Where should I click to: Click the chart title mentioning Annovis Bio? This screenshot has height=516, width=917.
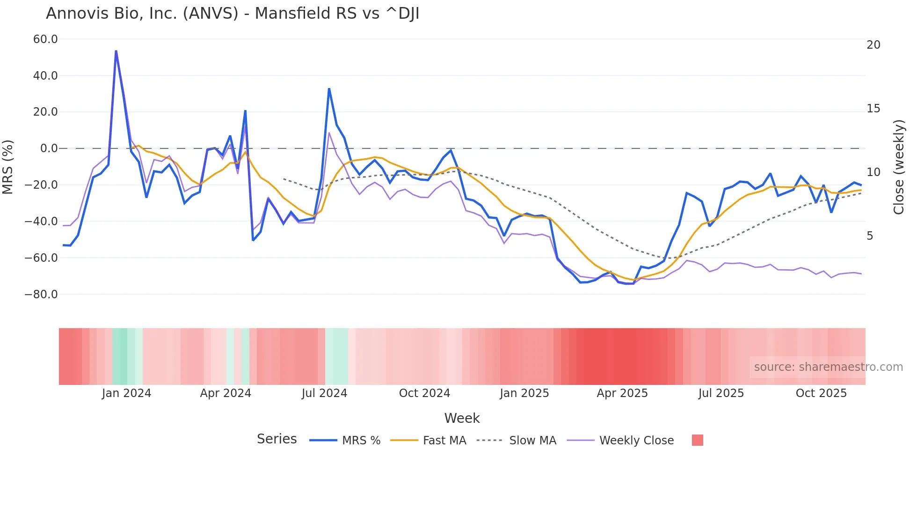pos(233,14)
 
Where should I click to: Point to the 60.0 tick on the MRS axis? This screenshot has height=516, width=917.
pos(45,39)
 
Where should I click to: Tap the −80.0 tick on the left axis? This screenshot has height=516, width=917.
pos(41,295)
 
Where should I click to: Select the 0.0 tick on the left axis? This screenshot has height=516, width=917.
pos(49,148)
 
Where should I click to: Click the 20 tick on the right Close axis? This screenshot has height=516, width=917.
pos(873,45)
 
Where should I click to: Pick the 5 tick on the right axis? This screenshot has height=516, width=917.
pos(870,236)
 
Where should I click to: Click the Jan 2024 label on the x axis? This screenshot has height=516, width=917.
pos(126,393)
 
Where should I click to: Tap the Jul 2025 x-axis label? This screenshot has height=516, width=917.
pos(721,393)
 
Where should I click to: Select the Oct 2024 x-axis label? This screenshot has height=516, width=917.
pos(424,393)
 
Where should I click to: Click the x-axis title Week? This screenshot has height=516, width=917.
pos(462,418)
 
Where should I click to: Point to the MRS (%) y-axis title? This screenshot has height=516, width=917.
pos(8,167)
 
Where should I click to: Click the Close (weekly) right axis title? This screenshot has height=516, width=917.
pos(898,167)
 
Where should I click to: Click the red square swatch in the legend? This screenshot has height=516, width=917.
pos(697,440)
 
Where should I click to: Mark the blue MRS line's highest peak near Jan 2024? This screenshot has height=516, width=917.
pos(116,51)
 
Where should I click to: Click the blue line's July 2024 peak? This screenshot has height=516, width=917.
pos(329,89)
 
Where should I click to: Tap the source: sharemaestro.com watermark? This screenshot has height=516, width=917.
pos(828,367)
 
